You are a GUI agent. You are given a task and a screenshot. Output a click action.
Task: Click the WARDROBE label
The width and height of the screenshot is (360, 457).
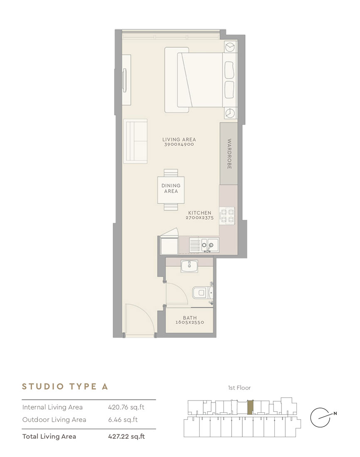[229, 154]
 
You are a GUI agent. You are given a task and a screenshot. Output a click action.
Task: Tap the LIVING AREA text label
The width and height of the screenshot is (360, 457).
[179, 140]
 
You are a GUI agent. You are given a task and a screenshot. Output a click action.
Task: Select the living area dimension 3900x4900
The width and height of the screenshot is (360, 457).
[179, 145]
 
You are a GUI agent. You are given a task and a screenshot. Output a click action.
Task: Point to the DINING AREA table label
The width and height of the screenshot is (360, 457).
[171, 188]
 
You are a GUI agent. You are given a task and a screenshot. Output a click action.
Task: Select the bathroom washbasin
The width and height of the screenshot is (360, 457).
[189, 266]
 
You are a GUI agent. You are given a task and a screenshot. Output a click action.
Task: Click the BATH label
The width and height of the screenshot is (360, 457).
[190, 318]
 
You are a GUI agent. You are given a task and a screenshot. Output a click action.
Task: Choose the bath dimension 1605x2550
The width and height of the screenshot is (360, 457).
[190, 323]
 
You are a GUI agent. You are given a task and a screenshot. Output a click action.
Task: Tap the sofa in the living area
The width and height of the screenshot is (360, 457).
[135, 141]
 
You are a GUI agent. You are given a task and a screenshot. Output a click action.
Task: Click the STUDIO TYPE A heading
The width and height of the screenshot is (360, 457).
[65, 386]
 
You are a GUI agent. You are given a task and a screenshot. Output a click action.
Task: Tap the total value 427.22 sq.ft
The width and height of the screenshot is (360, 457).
[126, 436]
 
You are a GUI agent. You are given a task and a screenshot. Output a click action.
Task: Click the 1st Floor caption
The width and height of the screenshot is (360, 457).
[239, 388]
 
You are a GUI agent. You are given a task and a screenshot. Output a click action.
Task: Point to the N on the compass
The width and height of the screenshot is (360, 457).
[335, 413]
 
